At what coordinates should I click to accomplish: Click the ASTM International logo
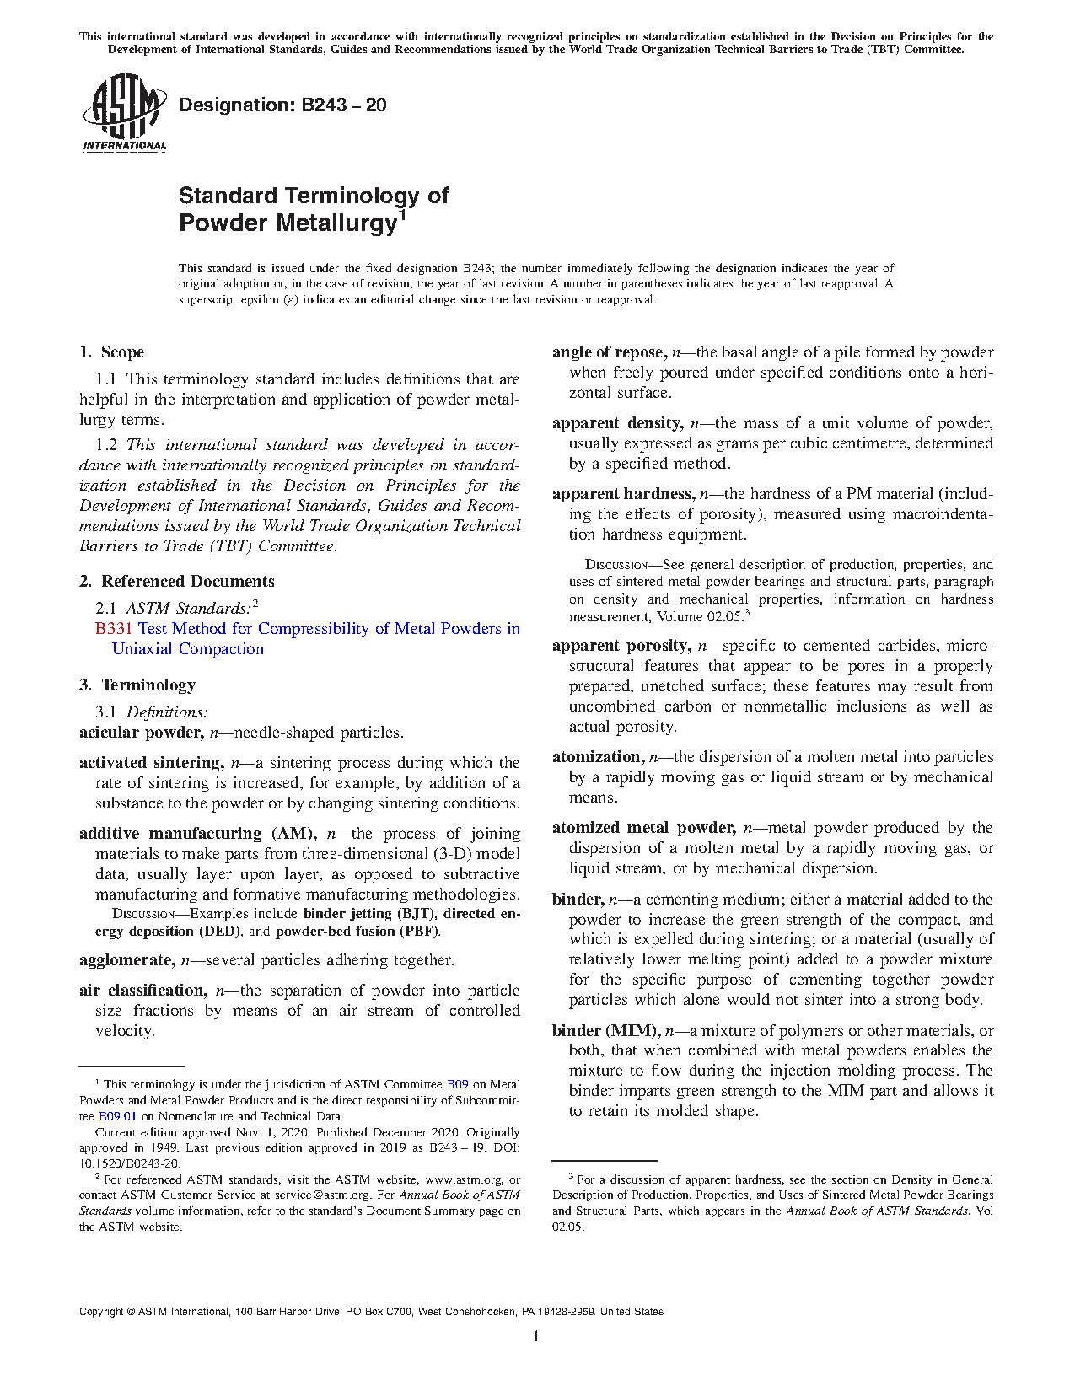[x=125, y=113]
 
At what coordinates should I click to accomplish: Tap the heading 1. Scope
[x=112, y=352]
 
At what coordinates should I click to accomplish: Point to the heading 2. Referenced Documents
[x=177, y=582]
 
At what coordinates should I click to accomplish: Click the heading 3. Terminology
[x=137, y=685]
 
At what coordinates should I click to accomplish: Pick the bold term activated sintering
[x=151, y=763]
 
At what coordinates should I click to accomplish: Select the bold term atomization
[x=598, y=757]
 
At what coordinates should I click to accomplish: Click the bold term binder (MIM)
[x=605, y=1031]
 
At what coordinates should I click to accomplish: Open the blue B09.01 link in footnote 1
[x=117, y=1116]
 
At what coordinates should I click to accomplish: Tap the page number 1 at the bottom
[x=535, y=1336]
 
